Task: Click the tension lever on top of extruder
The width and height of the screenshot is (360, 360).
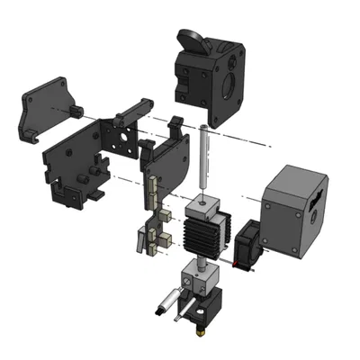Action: coord(193,40)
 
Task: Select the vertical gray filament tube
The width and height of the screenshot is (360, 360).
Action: coord(204,162)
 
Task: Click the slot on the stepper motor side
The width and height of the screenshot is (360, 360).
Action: coord(316,206)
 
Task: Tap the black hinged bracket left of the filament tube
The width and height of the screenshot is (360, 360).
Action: coord(166,157)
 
